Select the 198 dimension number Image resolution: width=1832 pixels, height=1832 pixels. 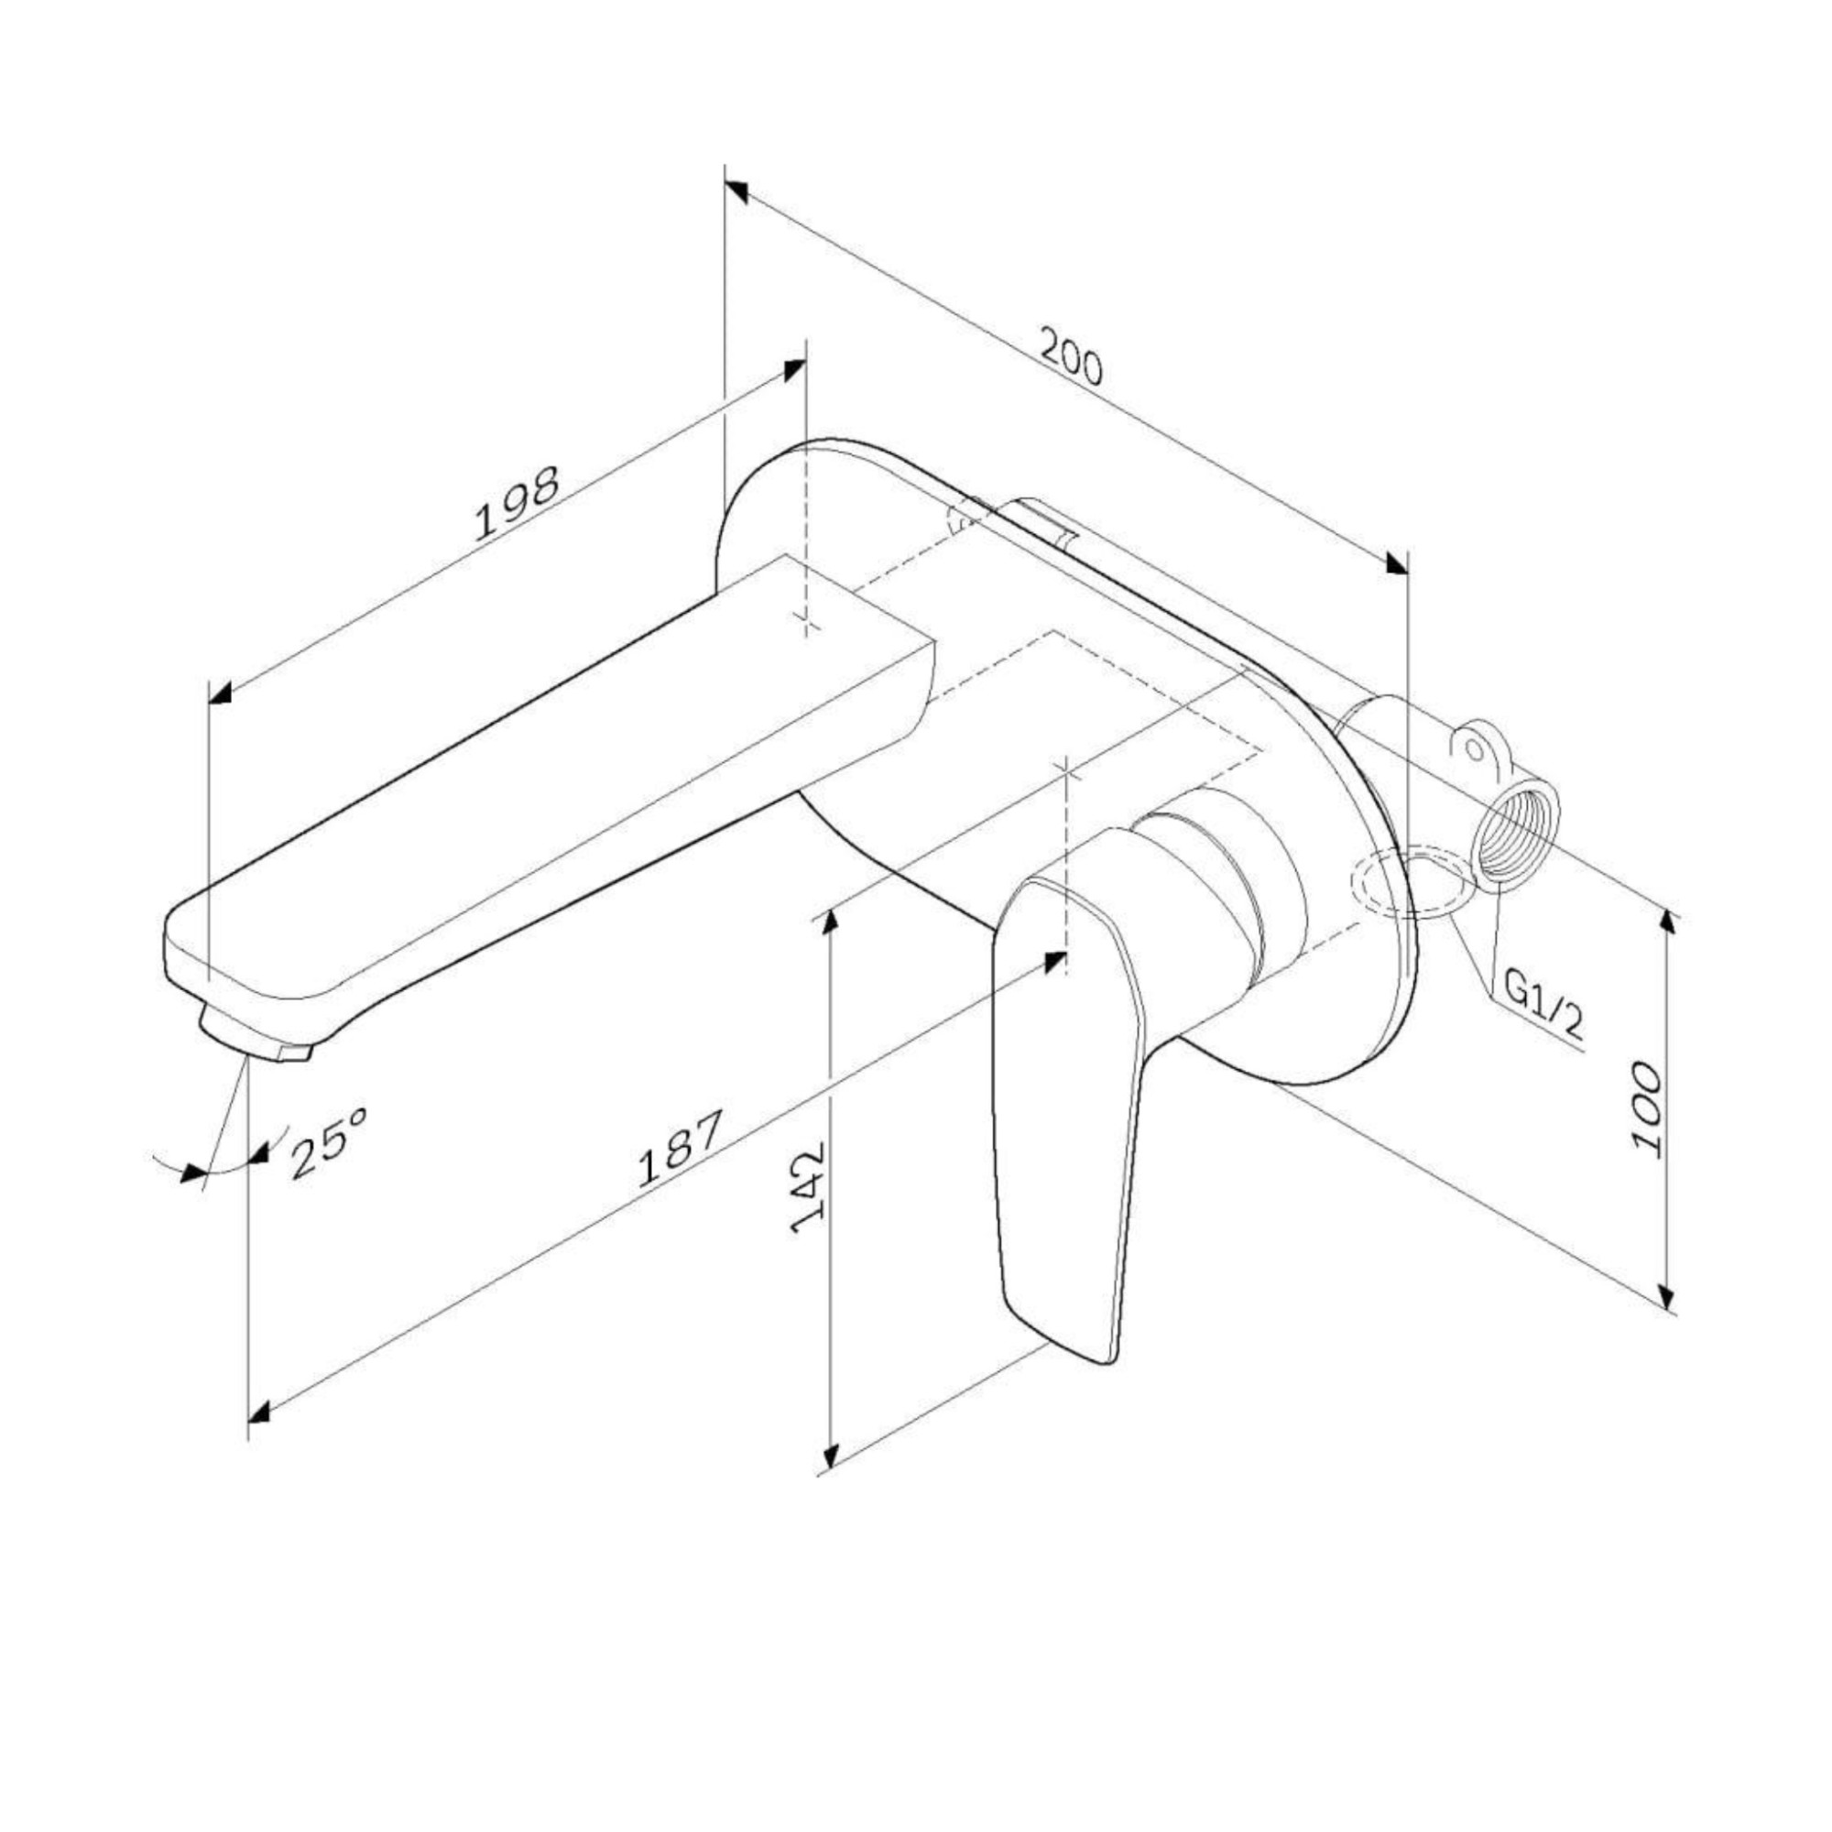[517, 504]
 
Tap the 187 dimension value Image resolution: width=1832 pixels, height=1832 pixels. [680, 1149]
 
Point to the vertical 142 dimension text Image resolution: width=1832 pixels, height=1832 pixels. [809, 1188]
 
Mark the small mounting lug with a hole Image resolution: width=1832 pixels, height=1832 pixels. [1476, 748]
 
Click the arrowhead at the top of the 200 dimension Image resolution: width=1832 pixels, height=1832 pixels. [736, 191]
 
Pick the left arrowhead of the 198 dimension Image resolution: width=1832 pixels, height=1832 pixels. [220, 694]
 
